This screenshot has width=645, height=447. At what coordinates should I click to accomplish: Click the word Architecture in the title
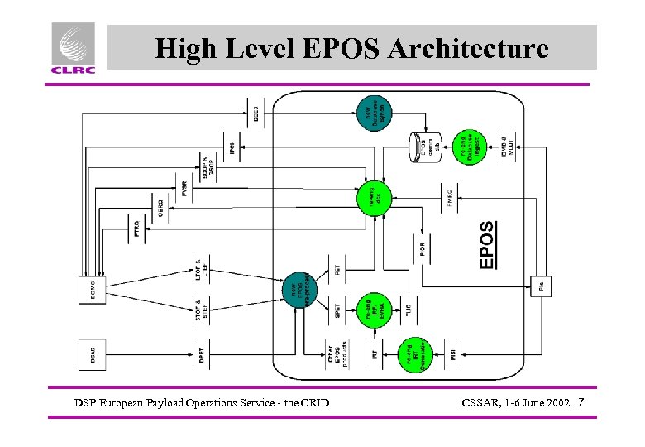click(x=468, y=49)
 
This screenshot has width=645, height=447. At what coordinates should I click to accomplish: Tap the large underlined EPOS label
click(x=489, y=244)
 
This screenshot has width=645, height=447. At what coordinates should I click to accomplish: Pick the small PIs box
click(x=541, y=287)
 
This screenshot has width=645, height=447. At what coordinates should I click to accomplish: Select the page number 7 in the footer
click(x=582, y=403)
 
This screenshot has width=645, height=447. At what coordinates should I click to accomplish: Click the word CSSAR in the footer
click(x=481, y=403)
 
